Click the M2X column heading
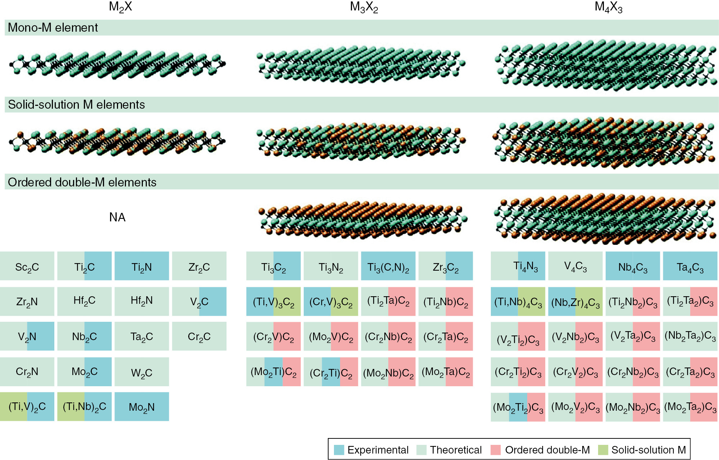(120, 7)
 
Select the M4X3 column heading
(608, 7)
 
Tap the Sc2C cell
(27, 267)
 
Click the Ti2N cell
(141, 267)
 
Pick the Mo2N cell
(141, 407)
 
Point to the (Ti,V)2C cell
(27, 407)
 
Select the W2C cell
(141, 372)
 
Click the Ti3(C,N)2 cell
(388, 267)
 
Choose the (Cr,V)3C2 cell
(331, 302)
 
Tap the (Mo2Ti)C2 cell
(273, 372)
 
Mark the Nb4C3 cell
(632, 267)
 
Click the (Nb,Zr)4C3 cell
(575, 302)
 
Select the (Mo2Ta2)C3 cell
(690, 407)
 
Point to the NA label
(117, 217)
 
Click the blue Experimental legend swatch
(339, 450)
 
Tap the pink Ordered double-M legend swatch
(496, 450)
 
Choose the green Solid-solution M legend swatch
(603, 450)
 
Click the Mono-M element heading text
(53, 28)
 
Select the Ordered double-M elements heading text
(82, 182)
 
